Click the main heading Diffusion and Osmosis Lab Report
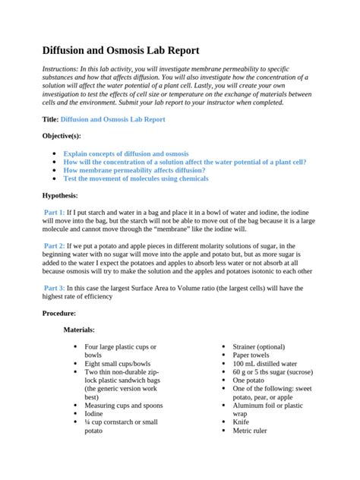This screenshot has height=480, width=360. tap(120, 51)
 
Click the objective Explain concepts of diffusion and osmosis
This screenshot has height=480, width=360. tap(126, 153)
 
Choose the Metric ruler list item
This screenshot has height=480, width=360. tap(251, 430)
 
